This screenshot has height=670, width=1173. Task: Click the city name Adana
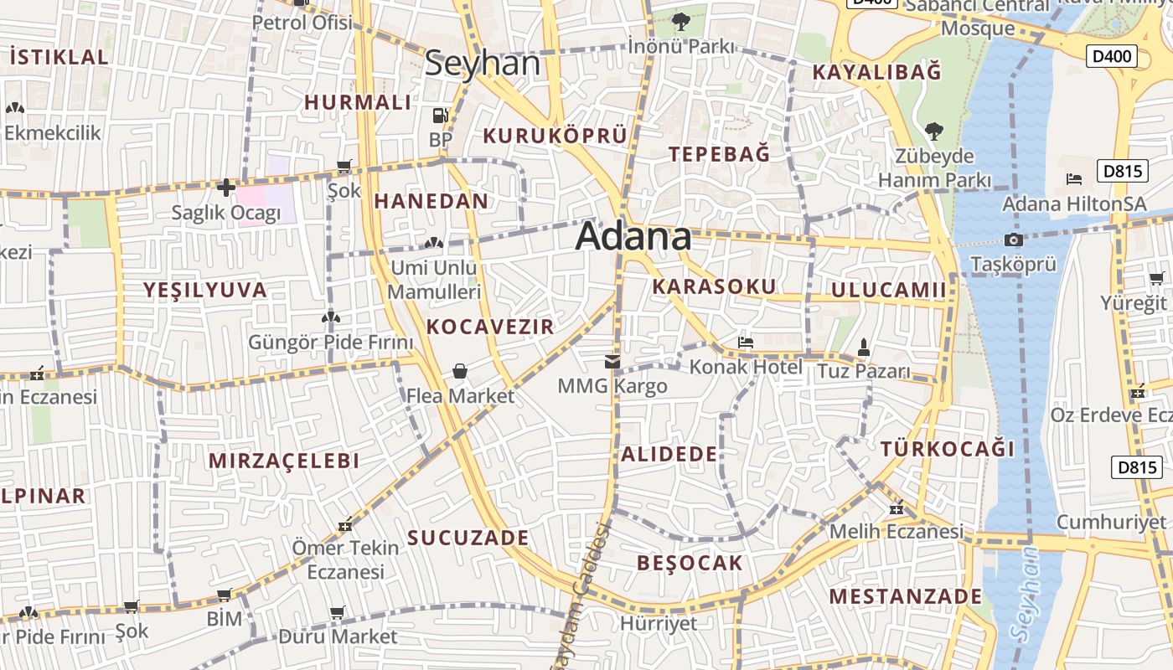[633, 236]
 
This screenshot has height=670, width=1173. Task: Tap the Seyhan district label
[482, 64]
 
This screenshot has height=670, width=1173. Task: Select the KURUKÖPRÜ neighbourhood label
[555, 136]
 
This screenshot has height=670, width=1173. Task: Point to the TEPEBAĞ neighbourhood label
[719, 154]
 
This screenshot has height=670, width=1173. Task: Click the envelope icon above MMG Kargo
[612, 362]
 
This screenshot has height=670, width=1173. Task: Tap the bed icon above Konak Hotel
[746, 342]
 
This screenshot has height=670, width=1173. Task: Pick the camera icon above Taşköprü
[1013, 240]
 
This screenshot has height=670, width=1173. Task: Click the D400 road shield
[1113, 57]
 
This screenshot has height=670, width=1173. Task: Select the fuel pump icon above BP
[440, 116]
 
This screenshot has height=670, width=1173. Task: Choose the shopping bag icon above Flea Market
[460, 371]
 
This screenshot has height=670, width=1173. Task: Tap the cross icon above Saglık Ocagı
[225, 188]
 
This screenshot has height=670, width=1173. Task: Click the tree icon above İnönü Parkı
[680, 21]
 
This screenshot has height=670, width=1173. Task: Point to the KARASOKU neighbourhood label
[714, 286]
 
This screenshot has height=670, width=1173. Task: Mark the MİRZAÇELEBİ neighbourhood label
[284, 461]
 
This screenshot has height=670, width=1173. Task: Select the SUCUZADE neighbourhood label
[468, 538]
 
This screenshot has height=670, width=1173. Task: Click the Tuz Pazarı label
[863, 370]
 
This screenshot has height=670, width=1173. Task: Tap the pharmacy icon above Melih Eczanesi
[897, 508]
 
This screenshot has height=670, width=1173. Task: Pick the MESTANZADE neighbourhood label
[905, 596]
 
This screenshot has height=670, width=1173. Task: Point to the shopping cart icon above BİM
[224, 595]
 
